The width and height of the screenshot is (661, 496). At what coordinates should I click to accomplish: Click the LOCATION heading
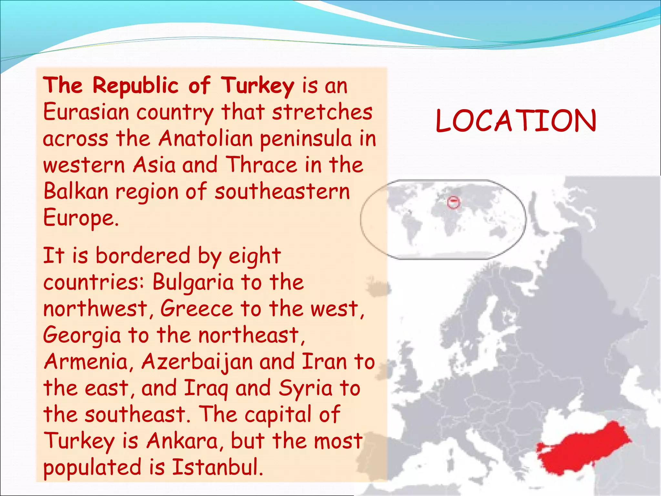(516, 121)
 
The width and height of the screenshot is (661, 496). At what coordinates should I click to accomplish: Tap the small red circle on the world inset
(453, 202)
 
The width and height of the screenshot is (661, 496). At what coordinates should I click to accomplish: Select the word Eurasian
(86, 112)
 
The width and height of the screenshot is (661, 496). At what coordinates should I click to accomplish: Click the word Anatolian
(206, 139)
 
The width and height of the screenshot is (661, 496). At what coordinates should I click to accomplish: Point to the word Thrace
(261, 165)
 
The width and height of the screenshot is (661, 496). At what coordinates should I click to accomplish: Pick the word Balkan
(76, 191)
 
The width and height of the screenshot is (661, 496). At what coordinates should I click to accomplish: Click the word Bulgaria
(193, 282)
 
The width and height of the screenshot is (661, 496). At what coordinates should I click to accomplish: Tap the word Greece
(197, 308)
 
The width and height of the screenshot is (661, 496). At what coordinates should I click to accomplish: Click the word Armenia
(86, 361)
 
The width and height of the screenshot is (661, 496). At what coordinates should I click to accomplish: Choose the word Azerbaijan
(197, 362)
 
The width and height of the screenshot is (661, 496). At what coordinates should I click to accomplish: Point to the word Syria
(305, 388)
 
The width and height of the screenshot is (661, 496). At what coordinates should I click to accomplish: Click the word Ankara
(182, 441)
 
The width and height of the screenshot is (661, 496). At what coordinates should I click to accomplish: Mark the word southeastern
(282, 191)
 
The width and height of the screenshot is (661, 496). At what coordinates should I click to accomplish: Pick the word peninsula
(306, 139)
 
